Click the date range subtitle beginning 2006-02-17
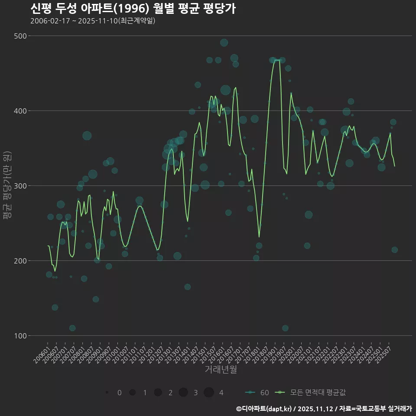(x=93, y=21)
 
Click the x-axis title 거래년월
(x=221, y=370)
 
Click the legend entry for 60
(x=257, y=393)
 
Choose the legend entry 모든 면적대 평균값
(x=312, y=393)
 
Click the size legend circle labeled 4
(x=209, y=393)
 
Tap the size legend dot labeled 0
(x=107, y=393)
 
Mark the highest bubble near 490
(x=224, y=42)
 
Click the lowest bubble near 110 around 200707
(x=72, y=328)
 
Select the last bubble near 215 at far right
(x=394, y=250)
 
